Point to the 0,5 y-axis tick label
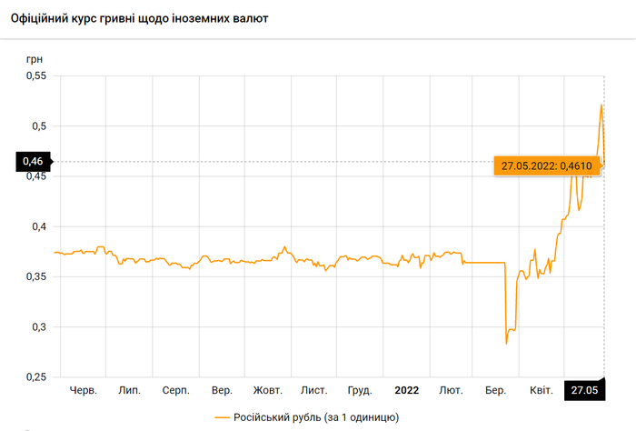[x=38, y=126]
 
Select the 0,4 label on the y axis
[x=38, y=226]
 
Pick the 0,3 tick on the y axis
[x=38, y=326]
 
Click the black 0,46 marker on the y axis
[x=32, y=162]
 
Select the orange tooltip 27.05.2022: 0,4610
[x=544, y=165]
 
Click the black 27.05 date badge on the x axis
[x=583, y=390]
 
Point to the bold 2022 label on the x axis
[x=406, y=390]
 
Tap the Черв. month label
[x=83, y=390]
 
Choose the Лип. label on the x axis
[x=129, y=390]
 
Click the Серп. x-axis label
[x=175, y=390]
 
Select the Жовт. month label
[x=268, y=390]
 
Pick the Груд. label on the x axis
[x=360, y=390]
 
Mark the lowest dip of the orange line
[x=506, y=343]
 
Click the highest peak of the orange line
[x=601, y=105]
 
